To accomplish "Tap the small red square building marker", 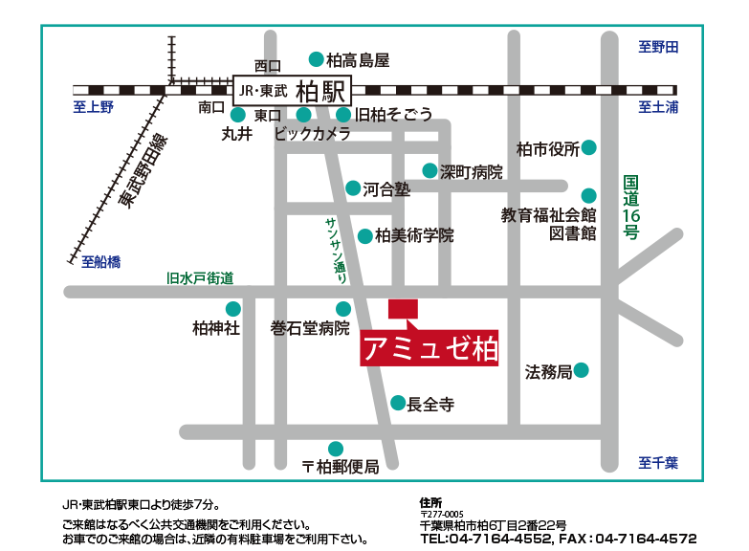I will (x=403, y=308).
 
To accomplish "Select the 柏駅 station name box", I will (x=293, y=91).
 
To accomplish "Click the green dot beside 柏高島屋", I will (x=316, y=59).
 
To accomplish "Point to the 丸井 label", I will (x=236, y=135).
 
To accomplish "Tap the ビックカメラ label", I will (x=312, y=135).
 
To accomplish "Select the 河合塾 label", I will (x=386, y=189).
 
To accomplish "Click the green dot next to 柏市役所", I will (x=589, y=147).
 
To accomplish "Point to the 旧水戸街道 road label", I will (x=200, y=278).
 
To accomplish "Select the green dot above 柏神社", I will (x=232, y=308).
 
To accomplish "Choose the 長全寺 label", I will (x=430, y=406).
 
